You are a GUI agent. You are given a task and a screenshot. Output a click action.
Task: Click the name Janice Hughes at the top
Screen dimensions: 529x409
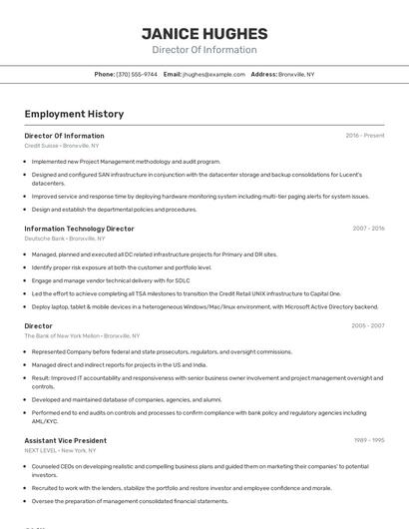(204, 33)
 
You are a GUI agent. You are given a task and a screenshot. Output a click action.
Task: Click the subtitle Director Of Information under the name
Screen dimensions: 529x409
(204, 50)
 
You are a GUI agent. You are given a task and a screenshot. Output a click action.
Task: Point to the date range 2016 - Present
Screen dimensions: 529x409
(365, 135)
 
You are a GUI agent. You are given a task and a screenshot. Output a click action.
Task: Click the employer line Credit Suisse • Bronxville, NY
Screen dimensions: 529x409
(63, 146)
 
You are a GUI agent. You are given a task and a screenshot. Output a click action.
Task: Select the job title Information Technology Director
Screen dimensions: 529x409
(79, 229)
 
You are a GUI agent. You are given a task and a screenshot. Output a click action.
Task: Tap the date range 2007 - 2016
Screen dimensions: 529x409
(368, 229)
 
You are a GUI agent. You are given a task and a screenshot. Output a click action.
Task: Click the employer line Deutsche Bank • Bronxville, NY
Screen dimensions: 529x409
(65, 239)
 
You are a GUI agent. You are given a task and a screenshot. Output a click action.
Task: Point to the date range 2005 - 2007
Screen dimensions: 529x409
(368, 325)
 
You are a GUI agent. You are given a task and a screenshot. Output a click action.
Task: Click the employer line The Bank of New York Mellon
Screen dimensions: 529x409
(82, 336)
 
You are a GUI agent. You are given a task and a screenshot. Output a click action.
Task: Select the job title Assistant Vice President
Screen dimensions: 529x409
(65, 440)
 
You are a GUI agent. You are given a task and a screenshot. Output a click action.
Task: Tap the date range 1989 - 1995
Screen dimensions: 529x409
(369, 440)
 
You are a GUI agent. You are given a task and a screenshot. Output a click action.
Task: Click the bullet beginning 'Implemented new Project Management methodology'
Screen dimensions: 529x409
(126, 161)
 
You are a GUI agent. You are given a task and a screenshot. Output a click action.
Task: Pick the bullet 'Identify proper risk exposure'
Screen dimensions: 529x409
(121, 267)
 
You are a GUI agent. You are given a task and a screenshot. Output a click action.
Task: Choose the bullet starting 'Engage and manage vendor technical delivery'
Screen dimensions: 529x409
(111, 280)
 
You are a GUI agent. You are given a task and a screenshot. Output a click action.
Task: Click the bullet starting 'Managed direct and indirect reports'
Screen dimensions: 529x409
(119, 365)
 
